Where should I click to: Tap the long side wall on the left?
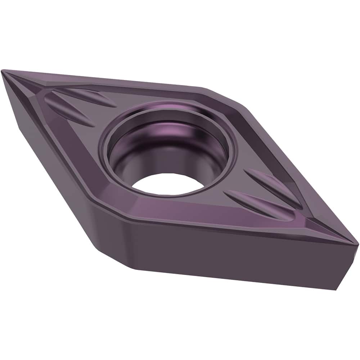point(54,162)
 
